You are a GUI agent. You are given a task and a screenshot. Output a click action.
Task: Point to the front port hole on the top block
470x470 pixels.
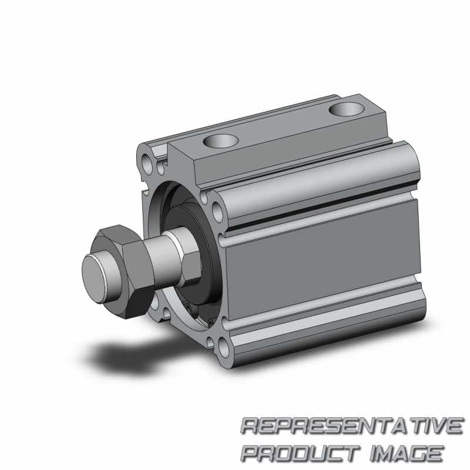pos(221,141)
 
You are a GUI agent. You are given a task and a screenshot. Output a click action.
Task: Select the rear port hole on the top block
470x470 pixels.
pos(347,109)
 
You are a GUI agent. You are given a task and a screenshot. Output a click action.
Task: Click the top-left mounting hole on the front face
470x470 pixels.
pos(146,164)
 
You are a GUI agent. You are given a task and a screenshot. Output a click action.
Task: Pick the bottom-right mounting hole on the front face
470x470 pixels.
pos(224,348)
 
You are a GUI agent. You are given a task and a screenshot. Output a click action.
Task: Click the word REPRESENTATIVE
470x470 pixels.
pos(352,425)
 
